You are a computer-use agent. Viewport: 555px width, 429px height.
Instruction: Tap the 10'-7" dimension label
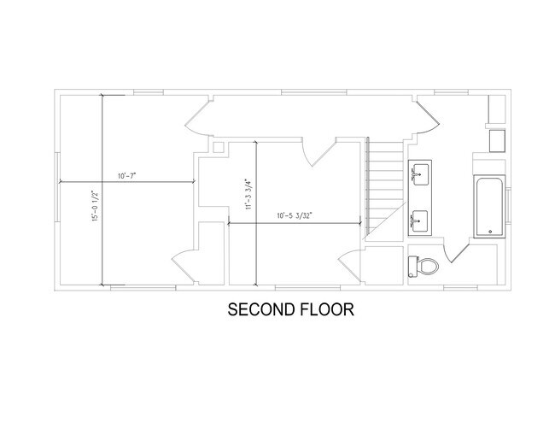[127, 176]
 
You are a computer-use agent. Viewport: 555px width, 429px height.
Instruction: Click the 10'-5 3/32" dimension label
[294, 217]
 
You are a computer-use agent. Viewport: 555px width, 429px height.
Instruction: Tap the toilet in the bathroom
[424, 266]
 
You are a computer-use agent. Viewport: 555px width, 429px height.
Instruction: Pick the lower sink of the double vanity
[419, 221]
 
